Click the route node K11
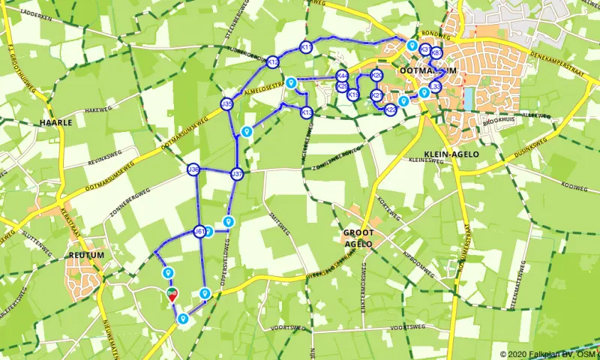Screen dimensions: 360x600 click(305, 47)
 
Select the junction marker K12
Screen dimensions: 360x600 click(273, 62)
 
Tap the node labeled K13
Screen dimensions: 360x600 click(306, 112)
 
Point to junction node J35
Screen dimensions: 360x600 click(226, 103)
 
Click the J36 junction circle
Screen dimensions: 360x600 click(193, 170)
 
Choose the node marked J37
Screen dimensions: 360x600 click(237, 174)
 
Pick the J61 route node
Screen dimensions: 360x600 click(199, 232)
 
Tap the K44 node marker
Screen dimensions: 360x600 click(342, 76)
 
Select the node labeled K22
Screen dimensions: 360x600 click(390, 109)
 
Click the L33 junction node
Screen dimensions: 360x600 click(435, 87)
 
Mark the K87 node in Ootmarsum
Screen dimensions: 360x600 click(436, 52)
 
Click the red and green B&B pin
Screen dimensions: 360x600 click(172, 293)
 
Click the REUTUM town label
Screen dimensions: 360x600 click(85, 255)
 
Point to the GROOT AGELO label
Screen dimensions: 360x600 click(358, 238)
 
